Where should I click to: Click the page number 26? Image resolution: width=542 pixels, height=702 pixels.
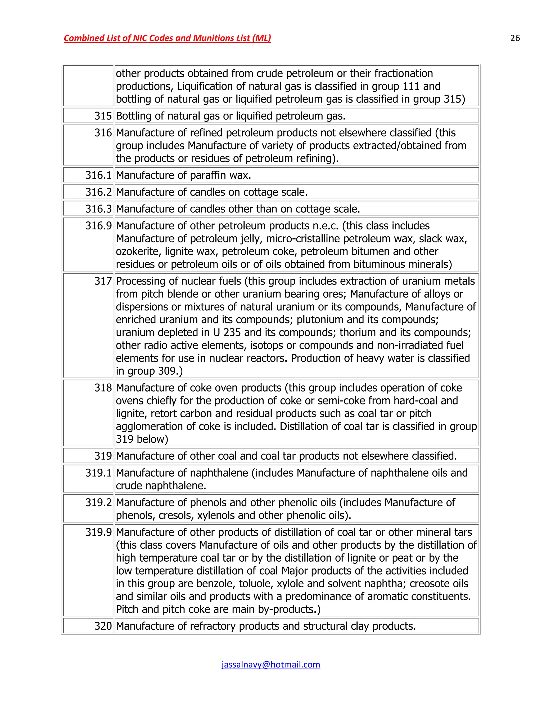point(515,38)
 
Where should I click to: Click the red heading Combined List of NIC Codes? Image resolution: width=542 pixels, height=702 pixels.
point(167,38)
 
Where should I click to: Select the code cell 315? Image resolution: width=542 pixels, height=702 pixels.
point(103,116)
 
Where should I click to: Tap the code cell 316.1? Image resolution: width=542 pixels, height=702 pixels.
point(98,175)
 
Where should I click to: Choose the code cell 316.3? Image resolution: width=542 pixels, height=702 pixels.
point(98,209)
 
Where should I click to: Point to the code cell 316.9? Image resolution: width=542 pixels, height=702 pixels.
point(98,226)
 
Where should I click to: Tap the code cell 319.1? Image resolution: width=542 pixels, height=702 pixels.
point(98,473)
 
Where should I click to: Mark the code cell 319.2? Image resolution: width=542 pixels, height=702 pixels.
point(98,502)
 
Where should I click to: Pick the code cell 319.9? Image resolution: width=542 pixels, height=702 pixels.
point(98,532)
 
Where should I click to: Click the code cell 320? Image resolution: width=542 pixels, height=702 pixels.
point(103,626)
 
